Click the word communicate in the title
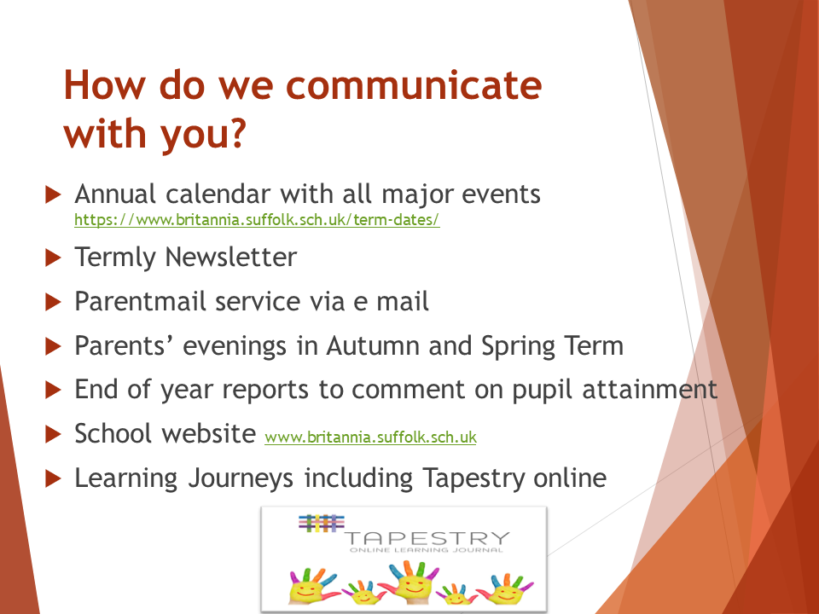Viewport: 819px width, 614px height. [x=414, y=84]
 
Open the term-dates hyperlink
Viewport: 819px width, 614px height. [x=257, y=219]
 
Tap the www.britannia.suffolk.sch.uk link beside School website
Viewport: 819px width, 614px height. [x=371, y=437]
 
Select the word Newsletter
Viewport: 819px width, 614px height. [x=231, y=257]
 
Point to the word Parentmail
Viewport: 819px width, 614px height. [x=140, y=301]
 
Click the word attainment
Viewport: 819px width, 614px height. [x=649, y=390]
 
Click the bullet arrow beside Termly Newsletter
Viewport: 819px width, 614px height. [x=53, y=258]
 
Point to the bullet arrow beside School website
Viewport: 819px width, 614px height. [x=53, y=434]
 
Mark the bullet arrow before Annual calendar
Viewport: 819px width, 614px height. [x=53, y=194]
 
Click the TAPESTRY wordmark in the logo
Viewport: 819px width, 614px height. [x=427, y=538]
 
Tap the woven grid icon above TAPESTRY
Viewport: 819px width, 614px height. [x=322, y=523]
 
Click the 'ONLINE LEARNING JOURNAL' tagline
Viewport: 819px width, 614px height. [x=427, y=550]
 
